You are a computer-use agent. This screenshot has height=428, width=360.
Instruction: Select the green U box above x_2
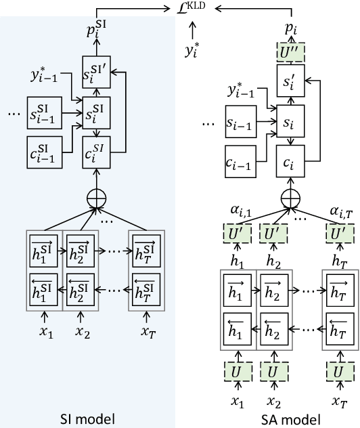coord(273,372)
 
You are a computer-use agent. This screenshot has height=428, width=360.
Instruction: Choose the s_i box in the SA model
coord(290,124)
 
